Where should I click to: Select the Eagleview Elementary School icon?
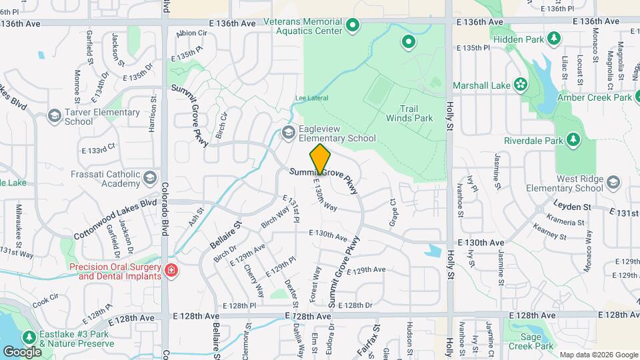(289, 132)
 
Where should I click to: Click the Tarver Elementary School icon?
(53, 116)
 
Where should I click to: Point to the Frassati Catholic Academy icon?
(149, 177)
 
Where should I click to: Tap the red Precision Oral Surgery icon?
(171, 270)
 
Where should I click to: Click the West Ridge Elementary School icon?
(613, 182)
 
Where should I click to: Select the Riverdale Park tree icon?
(571, 139)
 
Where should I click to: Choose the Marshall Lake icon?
(519, 85)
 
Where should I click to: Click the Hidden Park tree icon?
(553, 39)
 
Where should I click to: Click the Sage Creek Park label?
(530, 341)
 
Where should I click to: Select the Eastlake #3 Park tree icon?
(29, 338)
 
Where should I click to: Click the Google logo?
(22, 351)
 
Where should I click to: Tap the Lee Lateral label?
(312, 99)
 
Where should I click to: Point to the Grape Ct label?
(393, 211)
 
